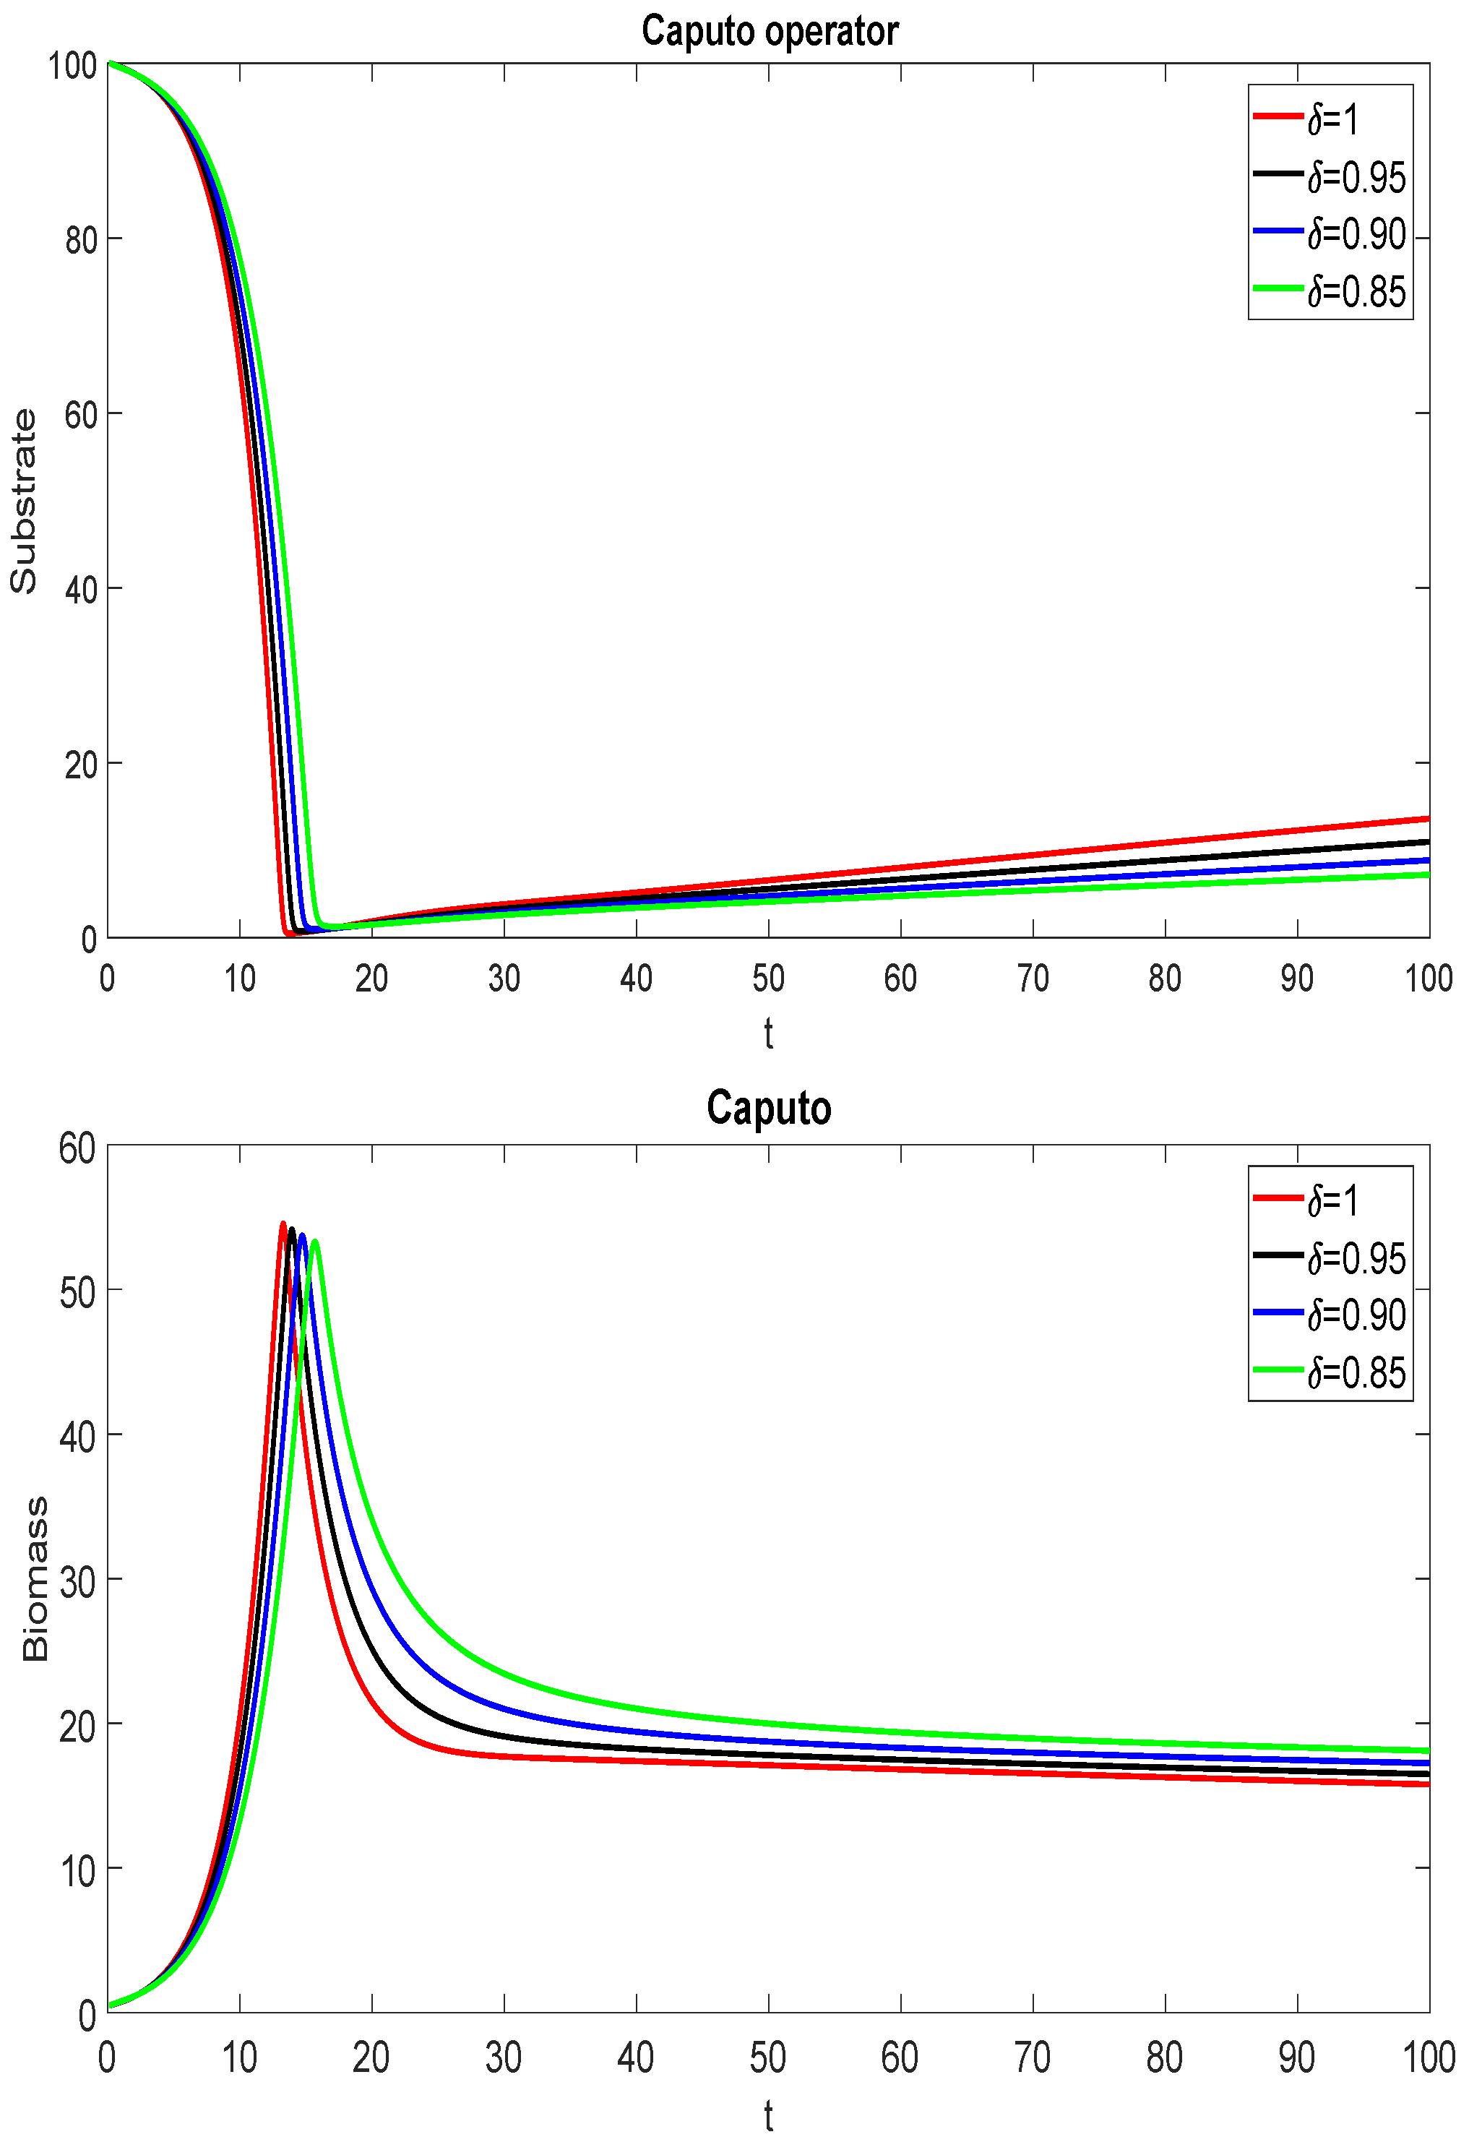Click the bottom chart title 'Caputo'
coord(769,1107)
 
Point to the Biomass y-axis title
coord(35,1579)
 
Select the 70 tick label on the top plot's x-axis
coord(1033,978)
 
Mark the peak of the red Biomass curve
coord(283,1223)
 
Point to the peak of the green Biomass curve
coord(316,1242)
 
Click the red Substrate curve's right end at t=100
coord(1427,819)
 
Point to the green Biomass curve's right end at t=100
coord(1427,1750)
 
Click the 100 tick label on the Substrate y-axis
coord(72,66)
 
